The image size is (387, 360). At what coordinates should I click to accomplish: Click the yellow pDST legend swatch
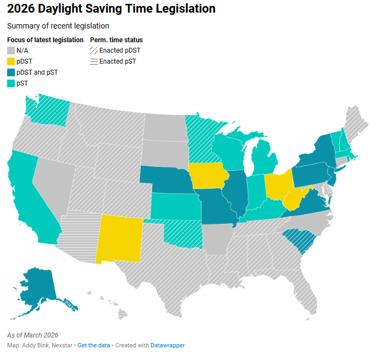tap(11, 61)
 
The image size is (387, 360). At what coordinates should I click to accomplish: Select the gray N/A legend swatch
tap(11, 50)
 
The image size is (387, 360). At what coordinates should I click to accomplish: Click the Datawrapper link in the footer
tap(167, 345)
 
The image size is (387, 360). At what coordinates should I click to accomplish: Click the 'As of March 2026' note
tap(32, 335)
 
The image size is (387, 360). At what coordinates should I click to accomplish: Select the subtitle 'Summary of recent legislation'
tap(58, 26)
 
